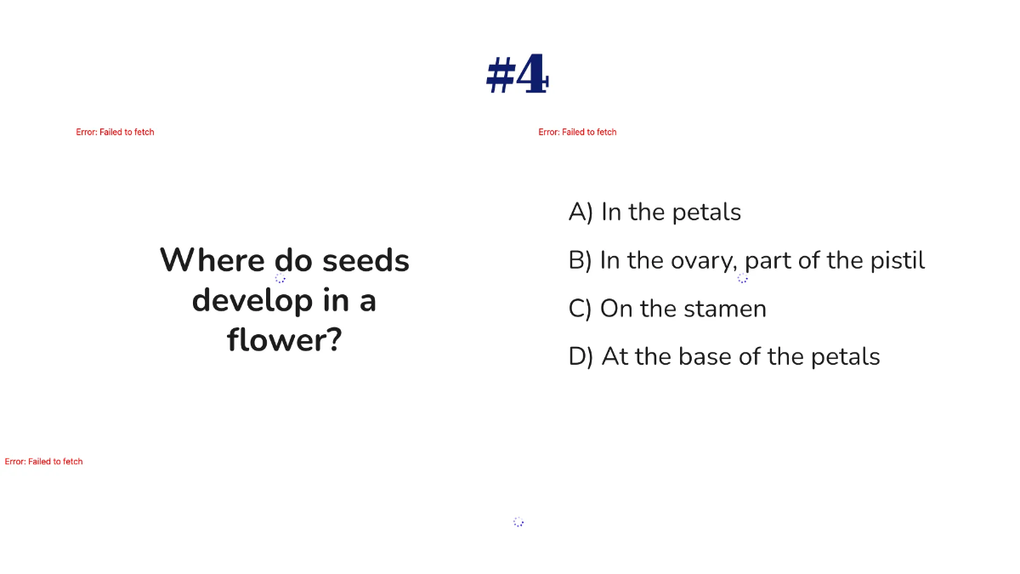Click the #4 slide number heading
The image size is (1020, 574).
[x=517, y=76]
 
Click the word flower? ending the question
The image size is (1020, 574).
[x=284, y=340]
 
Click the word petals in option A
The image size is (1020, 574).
[x=706, y=212]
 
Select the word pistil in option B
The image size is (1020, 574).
[x=898, y=260]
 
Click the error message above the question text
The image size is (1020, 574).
[x=116, y=132]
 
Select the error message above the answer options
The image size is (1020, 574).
[x=578, y=132]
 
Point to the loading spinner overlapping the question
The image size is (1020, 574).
[x=280, y=278]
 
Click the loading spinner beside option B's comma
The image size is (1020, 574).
[x=743, y=278]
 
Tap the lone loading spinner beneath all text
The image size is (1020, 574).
[x=518, y=522]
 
